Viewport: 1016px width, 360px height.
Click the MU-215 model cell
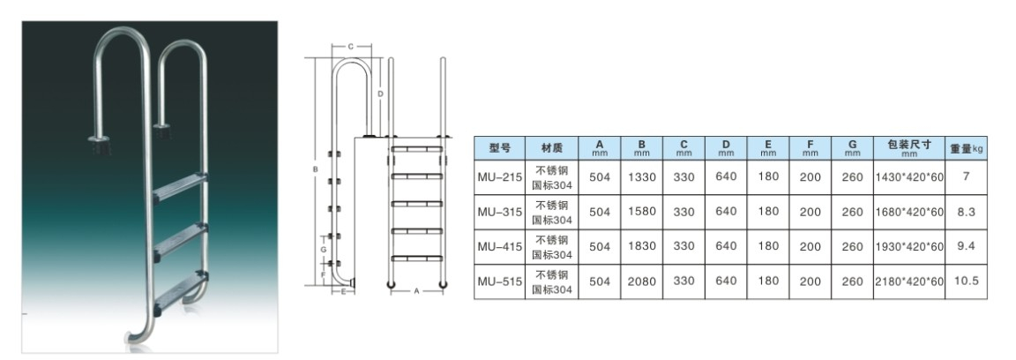coord(499,176)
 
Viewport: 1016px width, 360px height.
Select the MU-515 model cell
coord(499,281)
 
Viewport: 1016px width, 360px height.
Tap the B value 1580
coord(641,212)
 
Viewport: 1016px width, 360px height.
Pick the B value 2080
coord(641,281)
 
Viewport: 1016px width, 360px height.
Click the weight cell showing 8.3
coord(966,211)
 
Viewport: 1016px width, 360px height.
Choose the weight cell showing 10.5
coord(966,281)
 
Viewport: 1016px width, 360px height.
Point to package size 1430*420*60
coord(910,177)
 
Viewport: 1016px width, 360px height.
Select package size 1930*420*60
coord(910,246)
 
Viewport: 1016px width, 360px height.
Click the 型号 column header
coord(499,148)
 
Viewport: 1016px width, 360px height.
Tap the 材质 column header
coord(551,148)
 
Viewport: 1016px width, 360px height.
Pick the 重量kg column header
coord(966,148)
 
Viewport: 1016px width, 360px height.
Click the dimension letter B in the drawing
coord(315,170)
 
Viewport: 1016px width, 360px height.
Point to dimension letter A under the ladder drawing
coord(416,291)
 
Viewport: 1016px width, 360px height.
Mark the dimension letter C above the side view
coord(350,47)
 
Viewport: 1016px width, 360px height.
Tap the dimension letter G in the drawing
coord(324,249)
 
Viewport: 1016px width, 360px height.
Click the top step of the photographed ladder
coord(181,185)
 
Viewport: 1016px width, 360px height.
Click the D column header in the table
coord(726,148)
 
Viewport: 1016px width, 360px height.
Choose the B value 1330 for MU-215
coord(641,176)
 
